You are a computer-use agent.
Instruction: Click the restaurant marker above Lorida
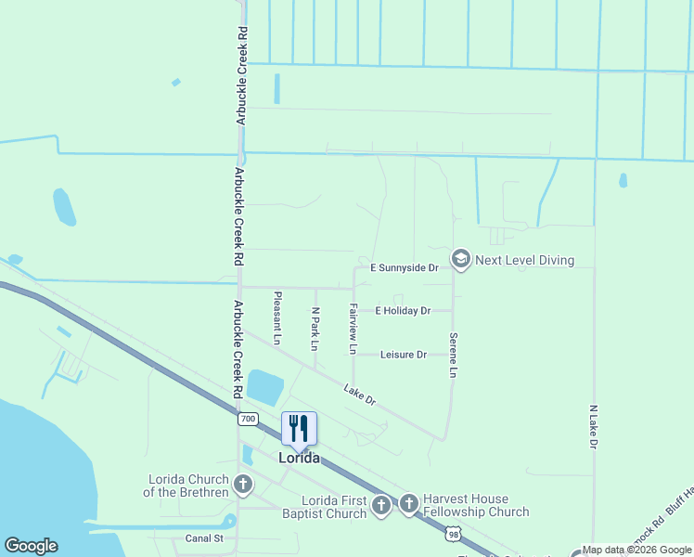pyautogui.click(x=299, y=429)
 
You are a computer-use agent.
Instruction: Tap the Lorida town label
pyautogui.click(x=300, y=459)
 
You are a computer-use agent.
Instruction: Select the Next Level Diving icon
pyautogui.click(x=460, y=260)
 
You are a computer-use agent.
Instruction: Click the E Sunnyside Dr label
pyautogui.click(x=404, y=267)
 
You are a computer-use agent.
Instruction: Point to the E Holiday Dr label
pyautogui.click(x=403, y=311)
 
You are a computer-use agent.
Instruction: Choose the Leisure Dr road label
pyautogui.click(x=403, y=355)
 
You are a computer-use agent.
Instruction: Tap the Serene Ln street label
pyautogui.click(x=453, y=355)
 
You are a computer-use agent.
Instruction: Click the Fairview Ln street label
pyautogui.click(x=353, y=329)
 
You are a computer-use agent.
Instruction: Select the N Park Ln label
pyautogui.click(x=315, y=329)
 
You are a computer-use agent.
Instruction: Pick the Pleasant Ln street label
pyautogui.click(x=276, y=318)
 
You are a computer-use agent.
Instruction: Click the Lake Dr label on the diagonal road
pyautogui.click(x=359, y=395)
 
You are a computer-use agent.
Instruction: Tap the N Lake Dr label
pyautogui.click(x=593, y=426)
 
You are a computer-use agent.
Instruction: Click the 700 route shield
pyautogui.click(x=247, y=419)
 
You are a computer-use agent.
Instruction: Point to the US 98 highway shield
pyautogui.click(x=452, y=534)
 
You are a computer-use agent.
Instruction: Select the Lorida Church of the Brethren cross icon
pyautogui.click(x=243, y=484)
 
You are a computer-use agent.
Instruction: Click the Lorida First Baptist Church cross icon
pyautogui.click(x=380, y=506)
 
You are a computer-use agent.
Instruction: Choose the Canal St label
pyautogui.click(x=204, y=538)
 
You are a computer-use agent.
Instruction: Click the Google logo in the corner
pyautogui.click(x=31, y=546)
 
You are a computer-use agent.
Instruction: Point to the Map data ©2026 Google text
pyautogui.click(x=636, y=550)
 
